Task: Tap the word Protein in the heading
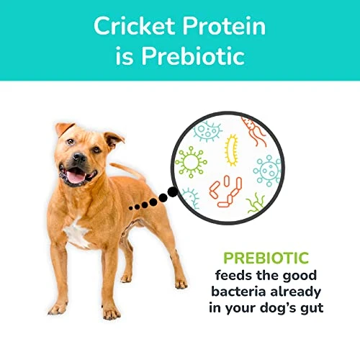[x=225, y=27]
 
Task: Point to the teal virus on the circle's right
[x=267, y=171]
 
